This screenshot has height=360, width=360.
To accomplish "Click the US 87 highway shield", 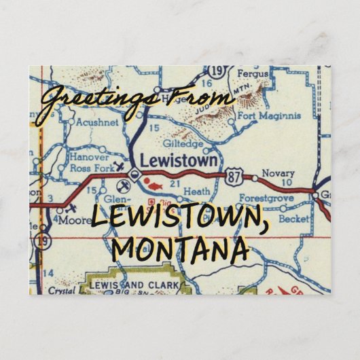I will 234,174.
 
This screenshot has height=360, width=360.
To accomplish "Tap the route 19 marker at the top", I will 217,70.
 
